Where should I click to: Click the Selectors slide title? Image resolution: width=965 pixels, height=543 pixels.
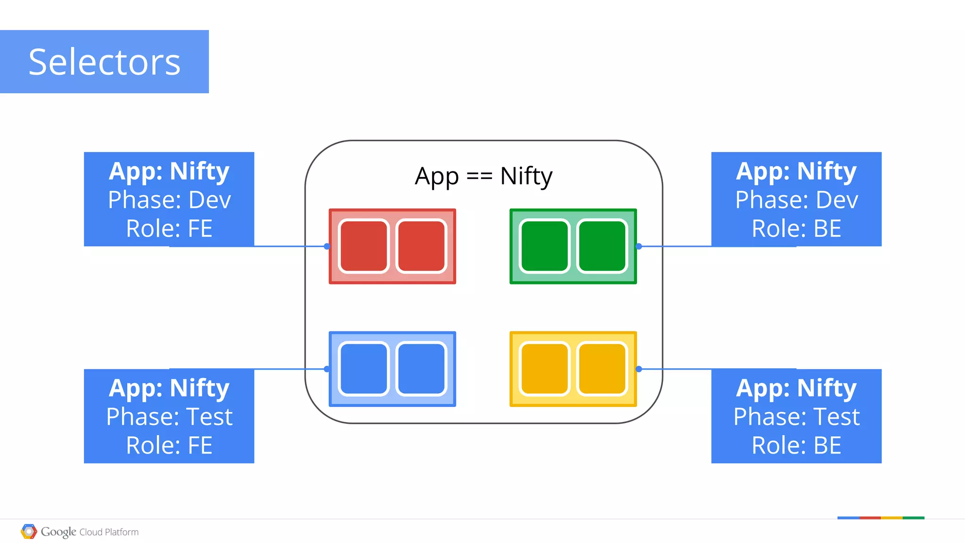[x=104, y=62]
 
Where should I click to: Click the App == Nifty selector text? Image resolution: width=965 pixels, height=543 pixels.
[x=483, y=176]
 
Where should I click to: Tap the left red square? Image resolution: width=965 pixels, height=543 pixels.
[x=363, y=246]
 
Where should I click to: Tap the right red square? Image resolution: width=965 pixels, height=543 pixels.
[x=421, y=246]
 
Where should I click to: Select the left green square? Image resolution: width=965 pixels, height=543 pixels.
[x=544, y=246]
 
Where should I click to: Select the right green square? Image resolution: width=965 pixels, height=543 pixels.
[x=602, y=246]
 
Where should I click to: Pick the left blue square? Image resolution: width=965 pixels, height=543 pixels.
[x=363, y=369]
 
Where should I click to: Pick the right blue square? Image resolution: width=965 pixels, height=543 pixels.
[x=421, y=369]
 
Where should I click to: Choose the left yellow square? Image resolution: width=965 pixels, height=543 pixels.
[x=544, y=369]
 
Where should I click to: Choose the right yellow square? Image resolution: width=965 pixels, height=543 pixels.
[x=602, y=369]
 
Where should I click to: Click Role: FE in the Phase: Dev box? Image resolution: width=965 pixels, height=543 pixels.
[x=169, y=229]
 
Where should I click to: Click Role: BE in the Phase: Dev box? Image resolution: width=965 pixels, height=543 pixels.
[x=796, y=229]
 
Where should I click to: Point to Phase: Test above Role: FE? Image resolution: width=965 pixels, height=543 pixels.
[x=169, y=417]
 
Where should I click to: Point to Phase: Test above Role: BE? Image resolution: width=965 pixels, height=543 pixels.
[x=796, y=417]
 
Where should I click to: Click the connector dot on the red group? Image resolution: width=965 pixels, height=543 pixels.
[x=327, y=246]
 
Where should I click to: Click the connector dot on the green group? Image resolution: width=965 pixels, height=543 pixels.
[x=639, y=246]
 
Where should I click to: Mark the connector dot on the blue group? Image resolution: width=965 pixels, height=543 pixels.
[x=327, y=369]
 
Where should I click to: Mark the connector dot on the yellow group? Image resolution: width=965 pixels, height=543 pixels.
[x=639, y=369]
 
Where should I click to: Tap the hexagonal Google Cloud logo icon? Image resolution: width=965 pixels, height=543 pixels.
[x=29, y=532]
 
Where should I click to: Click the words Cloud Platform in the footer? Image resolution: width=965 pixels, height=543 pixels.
[x=109, y=532]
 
